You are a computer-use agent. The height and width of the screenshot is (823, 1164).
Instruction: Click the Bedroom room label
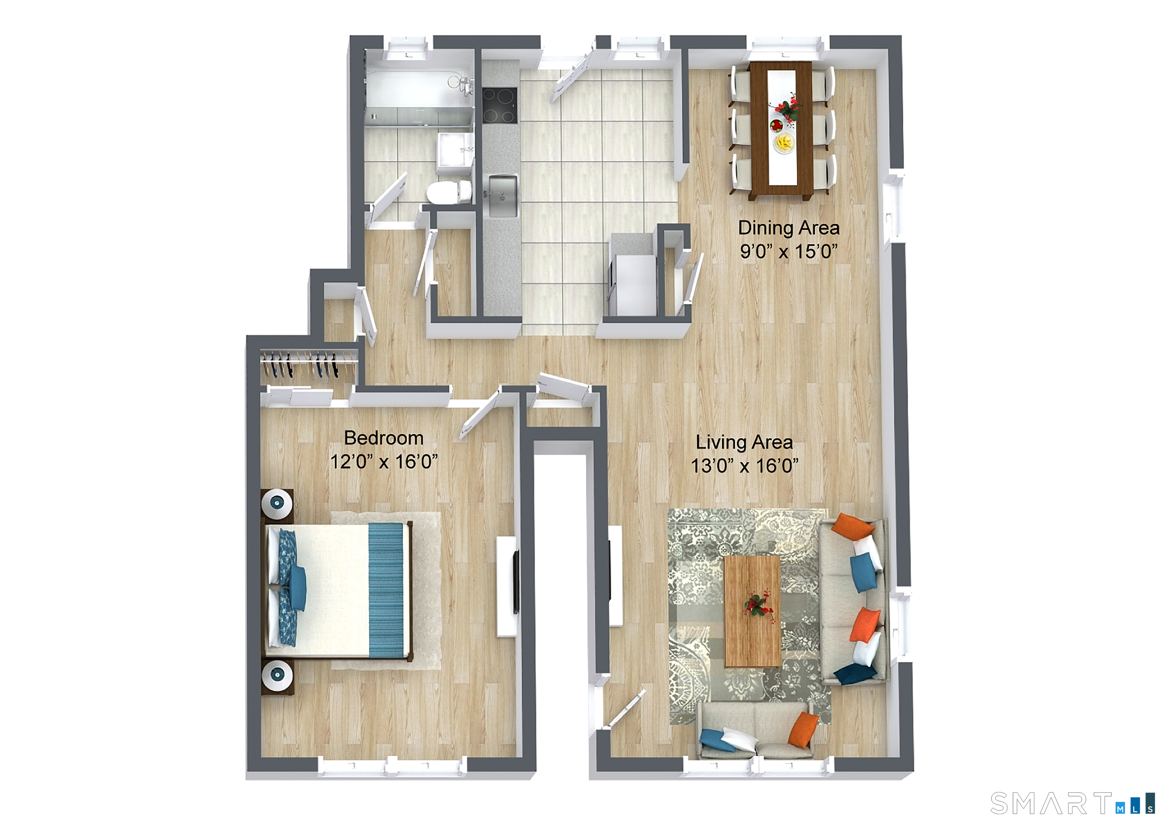coord(384,438)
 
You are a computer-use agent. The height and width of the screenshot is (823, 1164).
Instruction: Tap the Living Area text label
coord(744,442)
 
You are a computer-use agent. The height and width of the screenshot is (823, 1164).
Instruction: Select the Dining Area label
coord(789,228)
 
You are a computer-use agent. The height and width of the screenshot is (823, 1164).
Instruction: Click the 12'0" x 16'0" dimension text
coord(384,462)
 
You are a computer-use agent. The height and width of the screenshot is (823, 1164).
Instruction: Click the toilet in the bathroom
coord(448,192)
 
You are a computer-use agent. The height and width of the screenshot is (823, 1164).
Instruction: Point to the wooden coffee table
coord(752,611)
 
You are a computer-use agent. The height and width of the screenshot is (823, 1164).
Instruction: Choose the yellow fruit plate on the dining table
coord(784,142)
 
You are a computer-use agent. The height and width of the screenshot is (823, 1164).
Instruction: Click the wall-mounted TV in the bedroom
coord(516,582)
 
